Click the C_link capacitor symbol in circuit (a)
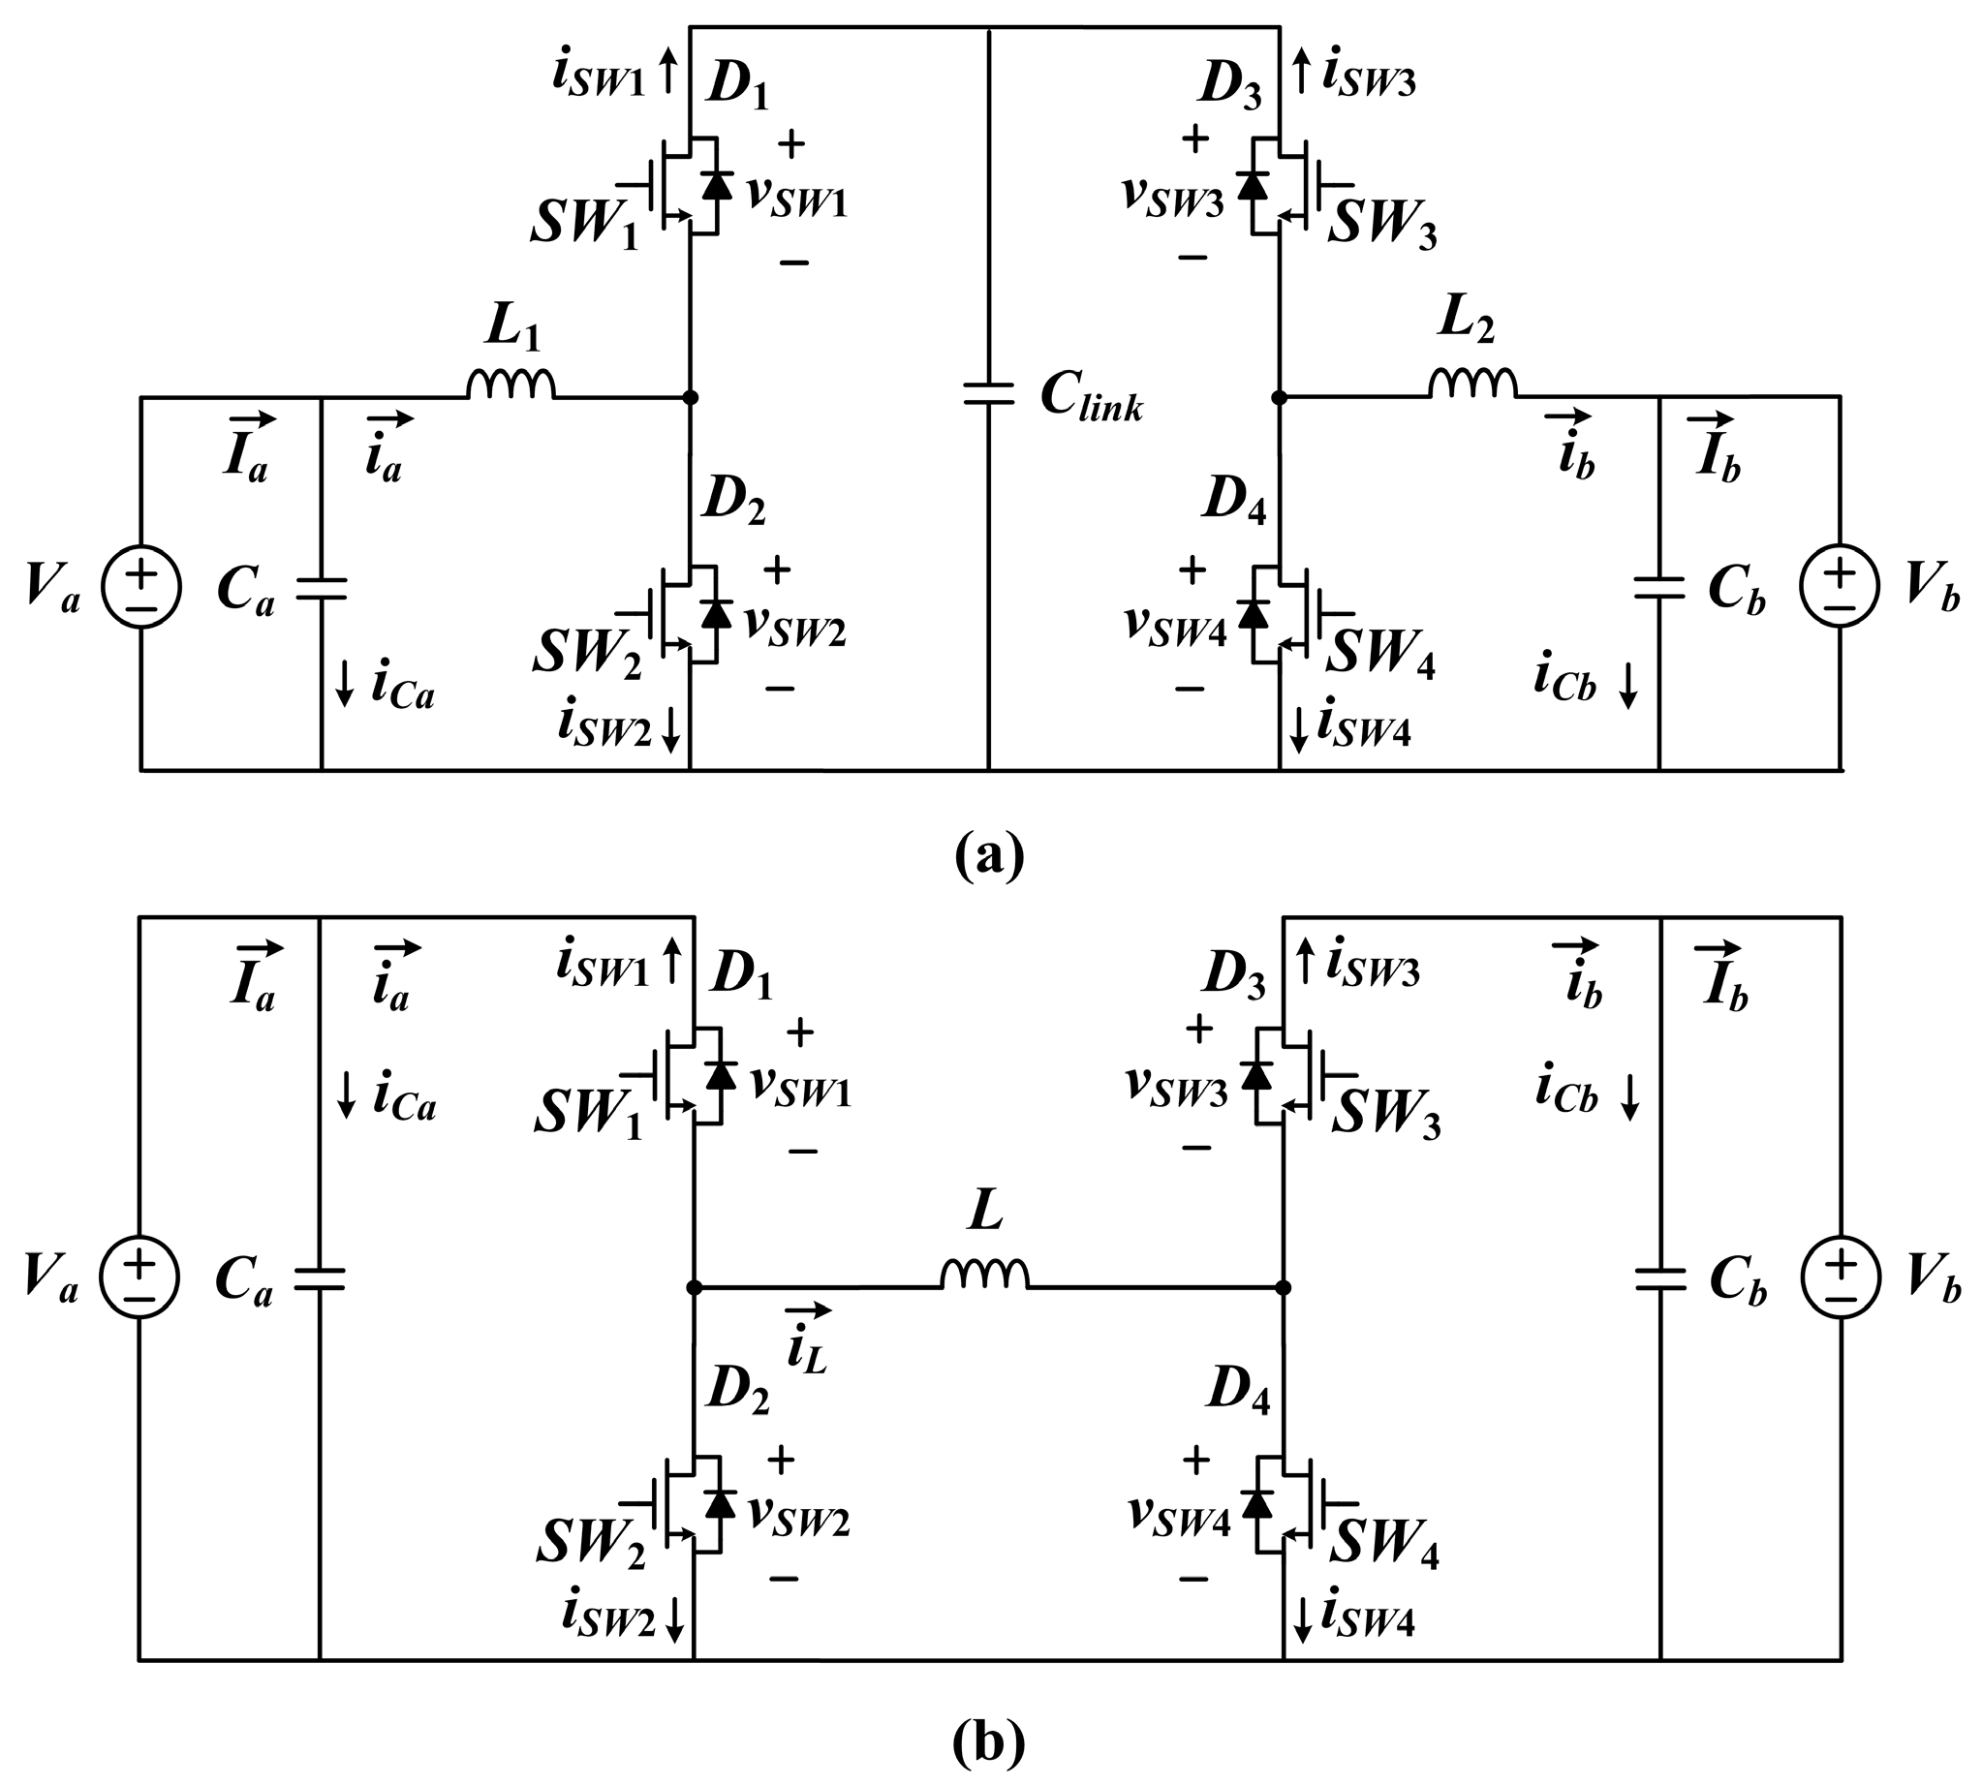pyautogui.click(x=987, y=394)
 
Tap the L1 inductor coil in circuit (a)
pyautogui.click(x=511, y=385)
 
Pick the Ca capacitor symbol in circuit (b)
pyautogui.click(x=320, y=1278)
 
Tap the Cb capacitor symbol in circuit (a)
pyautogui.click(x=1659, y=589)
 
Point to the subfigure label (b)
pyautogui.click(x=988, y=1741)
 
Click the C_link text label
pyautogui.click(x=1092, y=398)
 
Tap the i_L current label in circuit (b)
pyautogui.click(x=807, y=1339)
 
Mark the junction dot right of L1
pyautogui.click(x=690, y=397)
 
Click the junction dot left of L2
pyautogui.click(x=1279, y=397)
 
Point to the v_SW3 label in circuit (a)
pyautogui.click(x=1173, y=198)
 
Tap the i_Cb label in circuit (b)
pyautogui.click(x=1568, y=1094)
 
